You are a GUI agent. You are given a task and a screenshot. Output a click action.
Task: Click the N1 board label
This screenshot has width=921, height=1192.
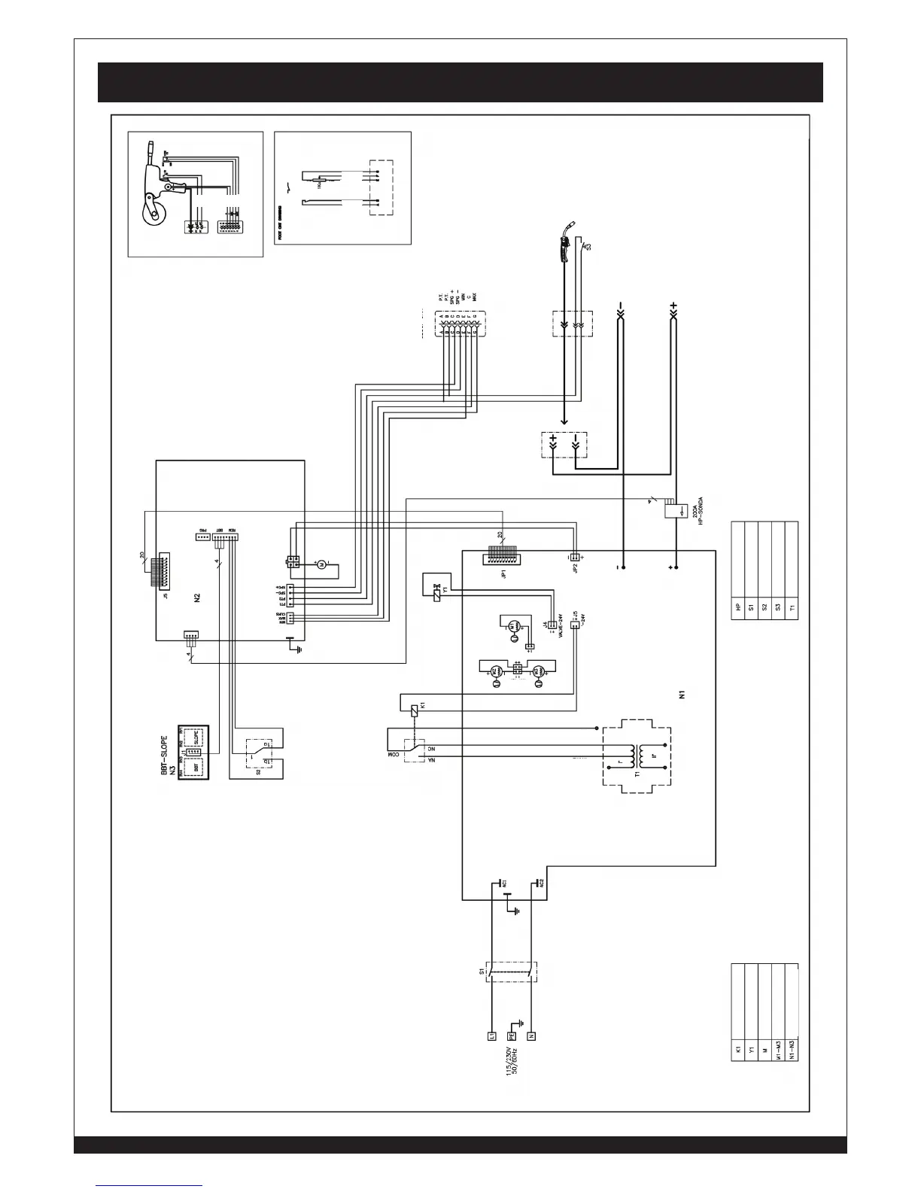pos(682,695)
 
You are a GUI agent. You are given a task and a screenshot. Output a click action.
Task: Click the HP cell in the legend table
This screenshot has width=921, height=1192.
pos(739,607)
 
